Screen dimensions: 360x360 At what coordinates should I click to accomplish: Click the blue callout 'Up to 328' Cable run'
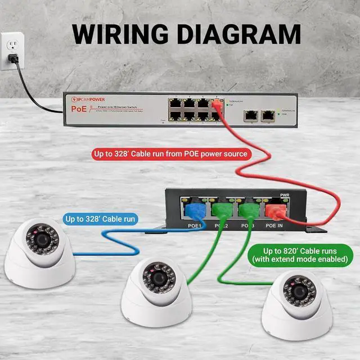101,218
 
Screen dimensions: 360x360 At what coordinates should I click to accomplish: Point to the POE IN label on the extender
274,225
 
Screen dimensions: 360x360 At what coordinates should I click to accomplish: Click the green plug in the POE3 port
247,211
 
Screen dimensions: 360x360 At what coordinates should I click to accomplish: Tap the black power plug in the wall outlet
16,57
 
